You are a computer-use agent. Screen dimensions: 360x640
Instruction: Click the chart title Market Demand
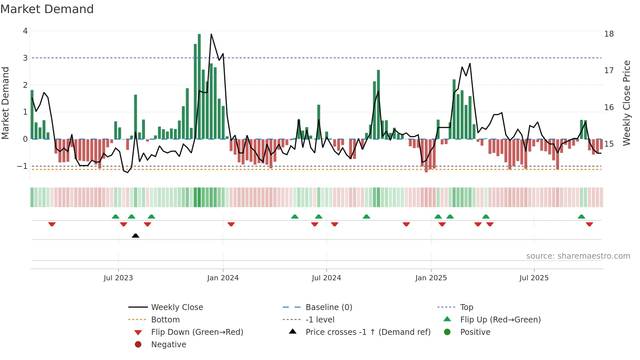[47, 9]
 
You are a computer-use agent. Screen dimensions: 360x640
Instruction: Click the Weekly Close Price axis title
[626, 103]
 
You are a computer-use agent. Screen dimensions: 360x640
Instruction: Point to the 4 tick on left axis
[25, 31]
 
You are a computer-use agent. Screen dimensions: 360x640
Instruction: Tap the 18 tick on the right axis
[609, 34]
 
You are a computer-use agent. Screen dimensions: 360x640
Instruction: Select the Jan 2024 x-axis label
[223, 278]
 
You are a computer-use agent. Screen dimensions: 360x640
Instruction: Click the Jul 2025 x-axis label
[534, 278]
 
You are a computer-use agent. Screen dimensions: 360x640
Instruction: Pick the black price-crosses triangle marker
[136, 236]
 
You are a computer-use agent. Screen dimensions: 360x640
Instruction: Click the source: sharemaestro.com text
[578, 256]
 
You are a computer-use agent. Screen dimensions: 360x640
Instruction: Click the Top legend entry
[466, 307]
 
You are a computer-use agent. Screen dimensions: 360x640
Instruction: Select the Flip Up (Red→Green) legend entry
[500, 320]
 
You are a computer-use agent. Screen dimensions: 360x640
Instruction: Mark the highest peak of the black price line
[211, 34]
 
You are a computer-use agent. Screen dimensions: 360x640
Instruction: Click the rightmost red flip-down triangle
[589, 224]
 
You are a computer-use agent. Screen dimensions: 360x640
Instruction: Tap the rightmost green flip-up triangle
[581, 217]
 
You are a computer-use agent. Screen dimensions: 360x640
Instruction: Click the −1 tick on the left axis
[22, 166]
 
